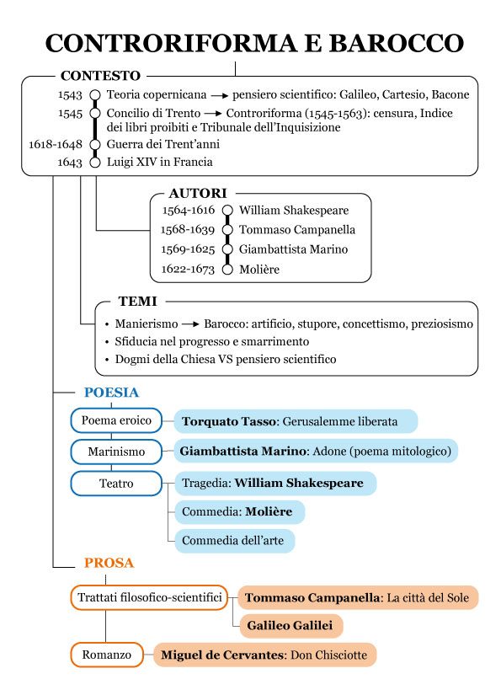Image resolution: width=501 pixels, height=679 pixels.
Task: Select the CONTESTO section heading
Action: click(x=100, y=76)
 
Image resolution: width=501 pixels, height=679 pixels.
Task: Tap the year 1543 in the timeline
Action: click(x=70, y=95)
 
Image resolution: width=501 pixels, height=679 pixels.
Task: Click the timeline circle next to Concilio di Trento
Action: click(x=95, y=113)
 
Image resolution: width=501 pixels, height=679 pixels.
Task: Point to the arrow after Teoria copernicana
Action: click(x=220, y=95)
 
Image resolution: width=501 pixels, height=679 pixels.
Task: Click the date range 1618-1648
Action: click(x=56, y=144)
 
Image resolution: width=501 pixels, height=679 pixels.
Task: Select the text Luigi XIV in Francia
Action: click(x=159, y=161)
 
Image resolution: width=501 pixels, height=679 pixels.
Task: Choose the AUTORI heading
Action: click(x=198, y=193)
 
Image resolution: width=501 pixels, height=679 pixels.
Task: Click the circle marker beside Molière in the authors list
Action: click(x=227, y=270)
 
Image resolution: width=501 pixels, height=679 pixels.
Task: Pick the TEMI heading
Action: click(x=137, y=301)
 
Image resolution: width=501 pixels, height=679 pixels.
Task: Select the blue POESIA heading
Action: click(x=111, y=393)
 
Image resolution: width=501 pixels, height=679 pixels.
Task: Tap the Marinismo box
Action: click(x=116, y=452)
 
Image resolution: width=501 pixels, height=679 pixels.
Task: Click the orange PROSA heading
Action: click(x=109, y=563)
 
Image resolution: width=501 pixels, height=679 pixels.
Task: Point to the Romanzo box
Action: click(x=106, y=654)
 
